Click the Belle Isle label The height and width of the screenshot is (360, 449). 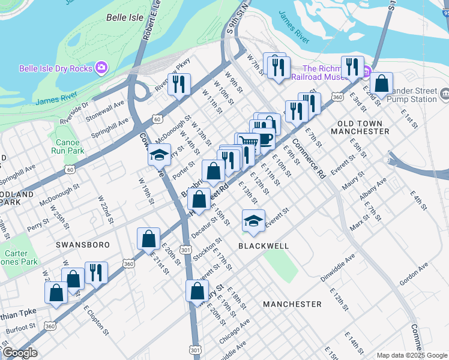coord(125,17)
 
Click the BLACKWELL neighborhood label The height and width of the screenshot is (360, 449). coord(264,246)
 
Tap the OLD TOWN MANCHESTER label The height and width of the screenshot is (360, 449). coord(360,126)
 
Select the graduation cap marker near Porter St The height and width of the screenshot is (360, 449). coord(160,155)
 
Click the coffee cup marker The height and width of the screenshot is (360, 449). coord(264,139)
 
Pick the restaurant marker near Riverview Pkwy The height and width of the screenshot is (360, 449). coord(178,84)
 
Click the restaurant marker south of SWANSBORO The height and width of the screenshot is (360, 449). coord(96,273)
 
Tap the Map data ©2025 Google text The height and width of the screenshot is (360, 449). coord(411,355)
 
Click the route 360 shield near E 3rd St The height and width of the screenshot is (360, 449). coord(337,97)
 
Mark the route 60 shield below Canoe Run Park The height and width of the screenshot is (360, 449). coord(71,170)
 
